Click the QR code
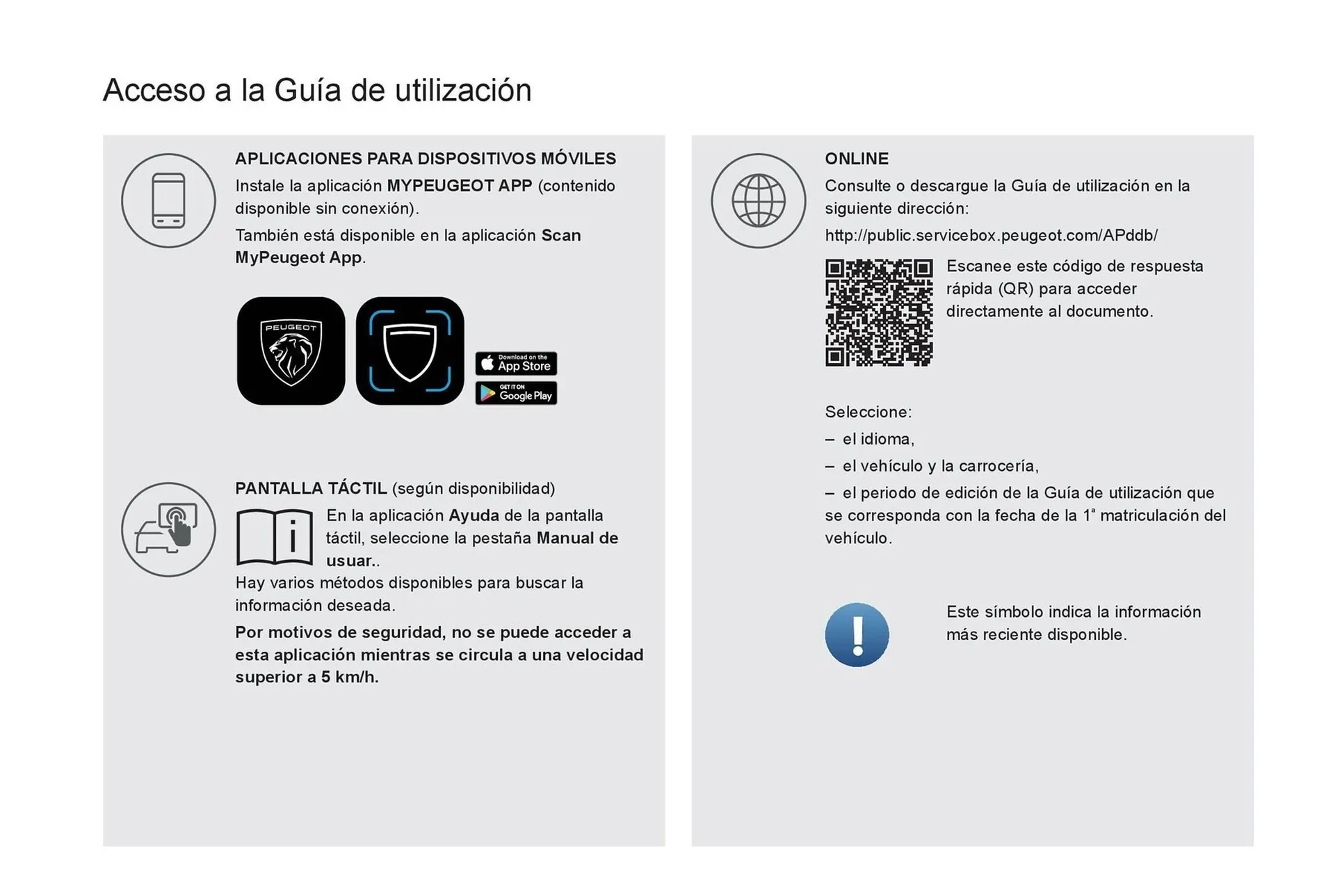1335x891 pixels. [x=879, y=312]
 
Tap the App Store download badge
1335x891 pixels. [x=516, y=363]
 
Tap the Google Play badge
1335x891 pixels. [x=516, y=393]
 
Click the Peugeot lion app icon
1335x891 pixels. [x=291, y=351]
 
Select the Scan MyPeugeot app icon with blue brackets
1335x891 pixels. [x=410, y=351]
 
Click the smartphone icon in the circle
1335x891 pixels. [x=168, y=200]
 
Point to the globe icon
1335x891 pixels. [x=758, y=200]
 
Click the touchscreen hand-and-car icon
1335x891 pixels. [x=168, y=529]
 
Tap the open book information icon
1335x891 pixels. [x=275, y=538]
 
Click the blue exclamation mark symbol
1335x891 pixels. [x=857, y=634]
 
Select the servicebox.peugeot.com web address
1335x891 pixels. [x=991, y=236]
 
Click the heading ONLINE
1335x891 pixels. [x=857, y=159]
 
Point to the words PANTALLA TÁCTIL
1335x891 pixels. [x=311, y=488]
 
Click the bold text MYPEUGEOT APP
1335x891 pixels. [x=459, y=186]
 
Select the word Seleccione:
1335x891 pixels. [x=868, y=412]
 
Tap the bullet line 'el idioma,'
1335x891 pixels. [x=877, y=439]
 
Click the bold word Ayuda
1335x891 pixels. [x=474, y=515]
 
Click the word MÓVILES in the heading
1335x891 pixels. [x=578, y=159]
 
